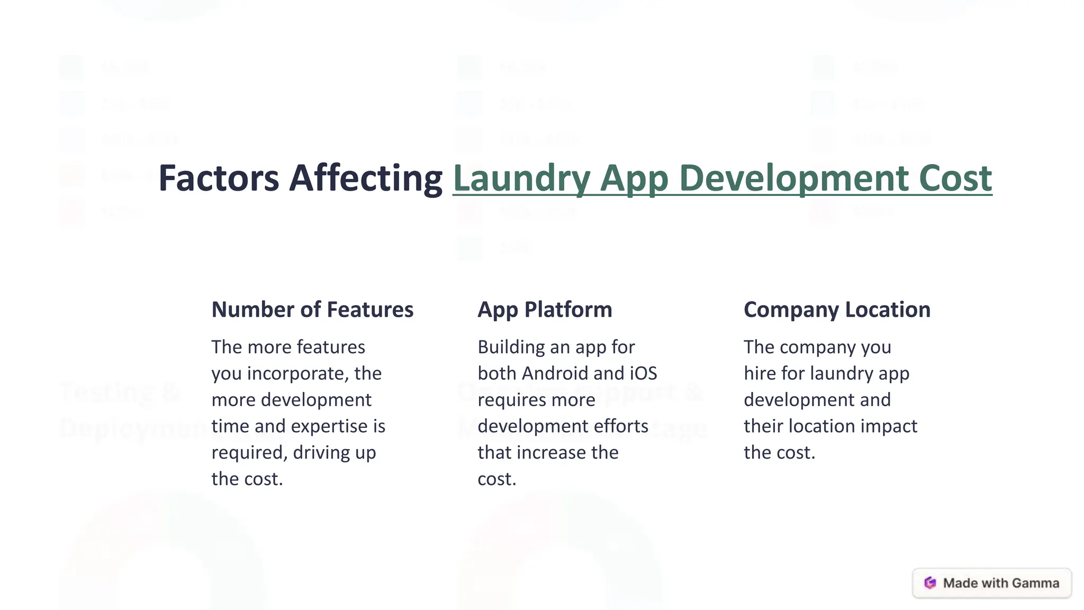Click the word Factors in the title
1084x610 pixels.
point(219,178)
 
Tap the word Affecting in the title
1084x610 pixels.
point(366,178)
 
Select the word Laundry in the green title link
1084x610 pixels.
point(521,178)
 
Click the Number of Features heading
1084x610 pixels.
point(312,310)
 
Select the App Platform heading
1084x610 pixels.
point(545,310)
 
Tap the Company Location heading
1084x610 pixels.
point(837,310)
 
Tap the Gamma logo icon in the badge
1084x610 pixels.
point(930,583)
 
